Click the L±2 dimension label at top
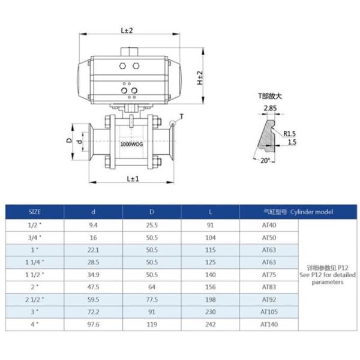pos(127,29)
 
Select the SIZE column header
pos(35,212)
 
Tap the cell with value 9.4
pos(93,225)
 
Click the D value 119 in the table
pos(152,325)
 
